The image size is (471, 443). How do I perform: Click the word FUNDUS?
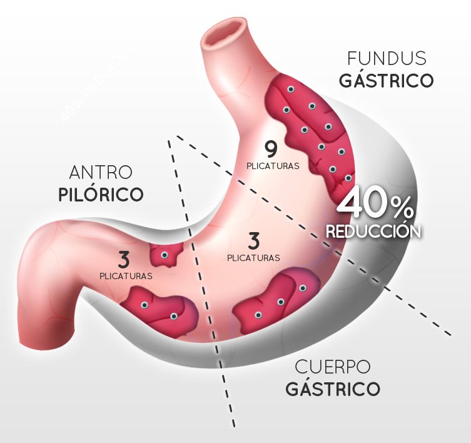point(387,59)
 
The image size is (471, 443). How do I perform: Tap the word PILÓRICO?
point(101,194)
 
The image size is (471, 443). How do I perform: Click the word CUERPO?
point(332,367)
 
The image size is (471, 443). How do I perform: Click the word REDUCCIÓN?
point(373,230)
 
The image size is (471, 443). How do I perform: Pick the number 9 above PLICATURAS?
point(270,149)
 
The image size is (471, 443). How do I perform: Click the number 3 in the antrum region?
point(125,258)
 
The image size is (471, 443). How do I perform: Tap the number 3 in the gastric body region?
point(253,240)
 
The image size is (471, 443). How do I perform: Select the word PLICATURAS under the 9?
point(272,166)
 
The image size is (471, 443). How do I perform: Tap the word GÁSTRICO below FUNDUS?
point(386,81)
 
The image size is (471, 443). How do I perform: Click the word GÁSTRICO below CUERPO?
point(332,389)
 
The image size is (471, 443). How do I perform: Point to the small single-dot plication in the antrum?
point(165,255)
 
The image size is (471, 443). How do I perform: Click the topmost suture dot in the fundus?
point(290,90)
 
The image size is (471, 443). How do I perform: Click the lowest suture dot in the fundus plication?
point(348,178)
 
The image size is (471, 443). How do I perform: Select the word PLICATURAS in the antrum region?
point(125,275)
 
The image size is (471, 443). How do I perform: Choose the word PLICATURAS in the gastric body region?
point(253,257)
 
